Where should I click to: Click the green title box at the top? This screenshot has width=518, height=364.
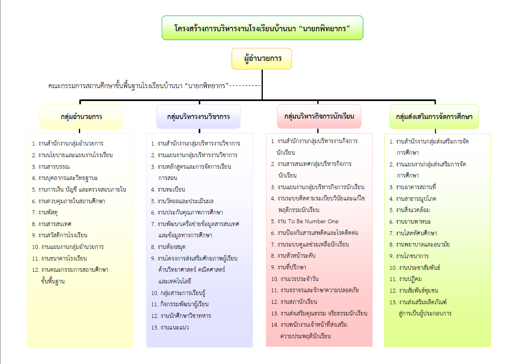pyautogui.click(x=262, y=28)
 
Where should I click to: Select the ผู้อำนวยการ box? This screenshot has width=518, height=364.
pyautogui.click(x=262, y=59)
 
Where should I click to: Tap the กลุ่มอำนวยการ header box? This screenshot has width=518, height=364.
pyautogui.click(x=81, y=117)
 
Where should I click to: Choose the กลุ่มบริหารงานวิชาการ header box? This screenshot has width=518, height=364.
pyautogui.click(x=198, y=117)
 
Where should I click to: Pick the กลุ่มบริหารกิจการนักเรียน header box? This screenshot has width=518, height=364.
pyautogui.click(x=319, y=116)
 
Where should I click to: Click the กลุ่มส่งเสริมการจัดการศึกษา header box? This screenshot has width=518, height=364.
pyautogui.click(x=434, y=117)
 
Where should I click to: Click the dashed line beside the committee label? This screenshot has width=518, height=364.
pyautogui.click(x=245, y=85)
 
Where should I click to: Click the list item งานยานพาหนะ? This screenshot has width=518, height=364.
pyautogui.click(x=413, y=221)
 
